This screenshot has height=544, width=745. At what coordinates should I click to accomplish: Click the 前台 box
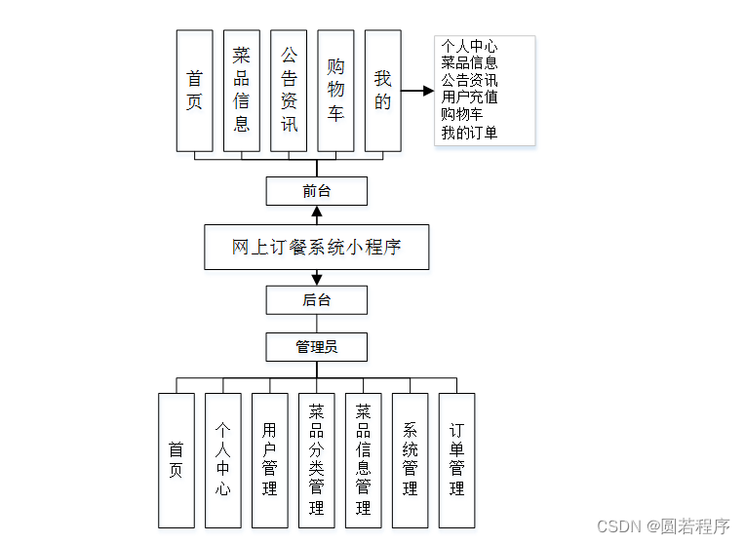point(316,191)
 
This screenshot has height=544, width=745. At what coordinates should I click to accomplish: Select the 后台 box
point(316,300)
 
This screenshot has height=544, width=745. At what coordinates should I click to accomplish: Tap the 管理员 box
point(316,347)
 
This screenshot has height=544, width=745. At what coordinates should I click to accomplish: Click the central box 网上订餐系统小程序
point(316,248)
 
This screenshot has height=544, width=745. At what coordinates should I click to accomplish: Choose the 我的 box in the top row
point(382,90)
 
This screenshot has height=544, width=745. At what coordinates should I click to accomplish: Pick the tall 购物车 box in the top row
point(335,90)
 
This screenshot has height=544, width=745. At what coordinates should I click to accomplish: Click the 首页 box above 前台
point(194,90)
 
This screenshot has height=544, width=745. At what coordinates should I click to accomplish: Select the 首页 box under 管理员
point(176,460)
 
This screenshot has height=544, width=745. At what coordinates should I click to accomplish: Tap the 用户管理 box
point(269,460)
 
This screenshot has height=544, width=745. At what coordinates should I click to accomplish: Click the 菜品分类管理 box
point(316,460)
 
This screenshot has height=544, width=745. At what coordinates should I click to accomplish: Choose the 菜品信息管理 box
point(363,460)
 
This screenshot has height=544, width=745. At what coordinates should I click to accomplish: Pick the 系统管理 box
point(410,460)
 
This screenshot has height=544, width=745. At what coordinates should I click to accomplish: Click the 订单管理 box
point(456,460)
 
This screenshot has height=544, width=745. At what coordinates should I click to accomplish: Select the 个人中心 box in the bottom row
point(222,460)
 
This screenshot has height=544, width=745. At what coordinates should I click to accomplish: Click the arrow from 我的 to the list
point(416,91)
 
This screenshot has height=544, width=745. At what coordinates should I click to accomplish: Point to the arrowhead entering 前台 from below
point(316,212)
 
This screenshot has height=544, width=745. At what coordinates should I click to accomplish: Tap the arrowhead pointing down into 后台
point(316,280)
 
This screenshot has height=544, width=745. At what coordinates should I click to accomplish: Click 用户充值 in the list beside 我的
point(469,97)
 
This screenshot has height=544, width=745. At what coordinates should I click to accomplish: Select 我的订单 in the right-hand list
point(469,133)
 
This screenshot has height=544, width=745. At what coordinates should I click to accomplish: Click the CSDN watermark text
point(662,526)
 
